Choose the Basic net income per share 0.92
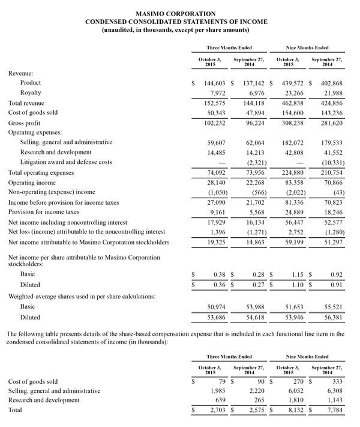(334, 274)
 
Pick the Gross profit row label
(25, 123)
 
